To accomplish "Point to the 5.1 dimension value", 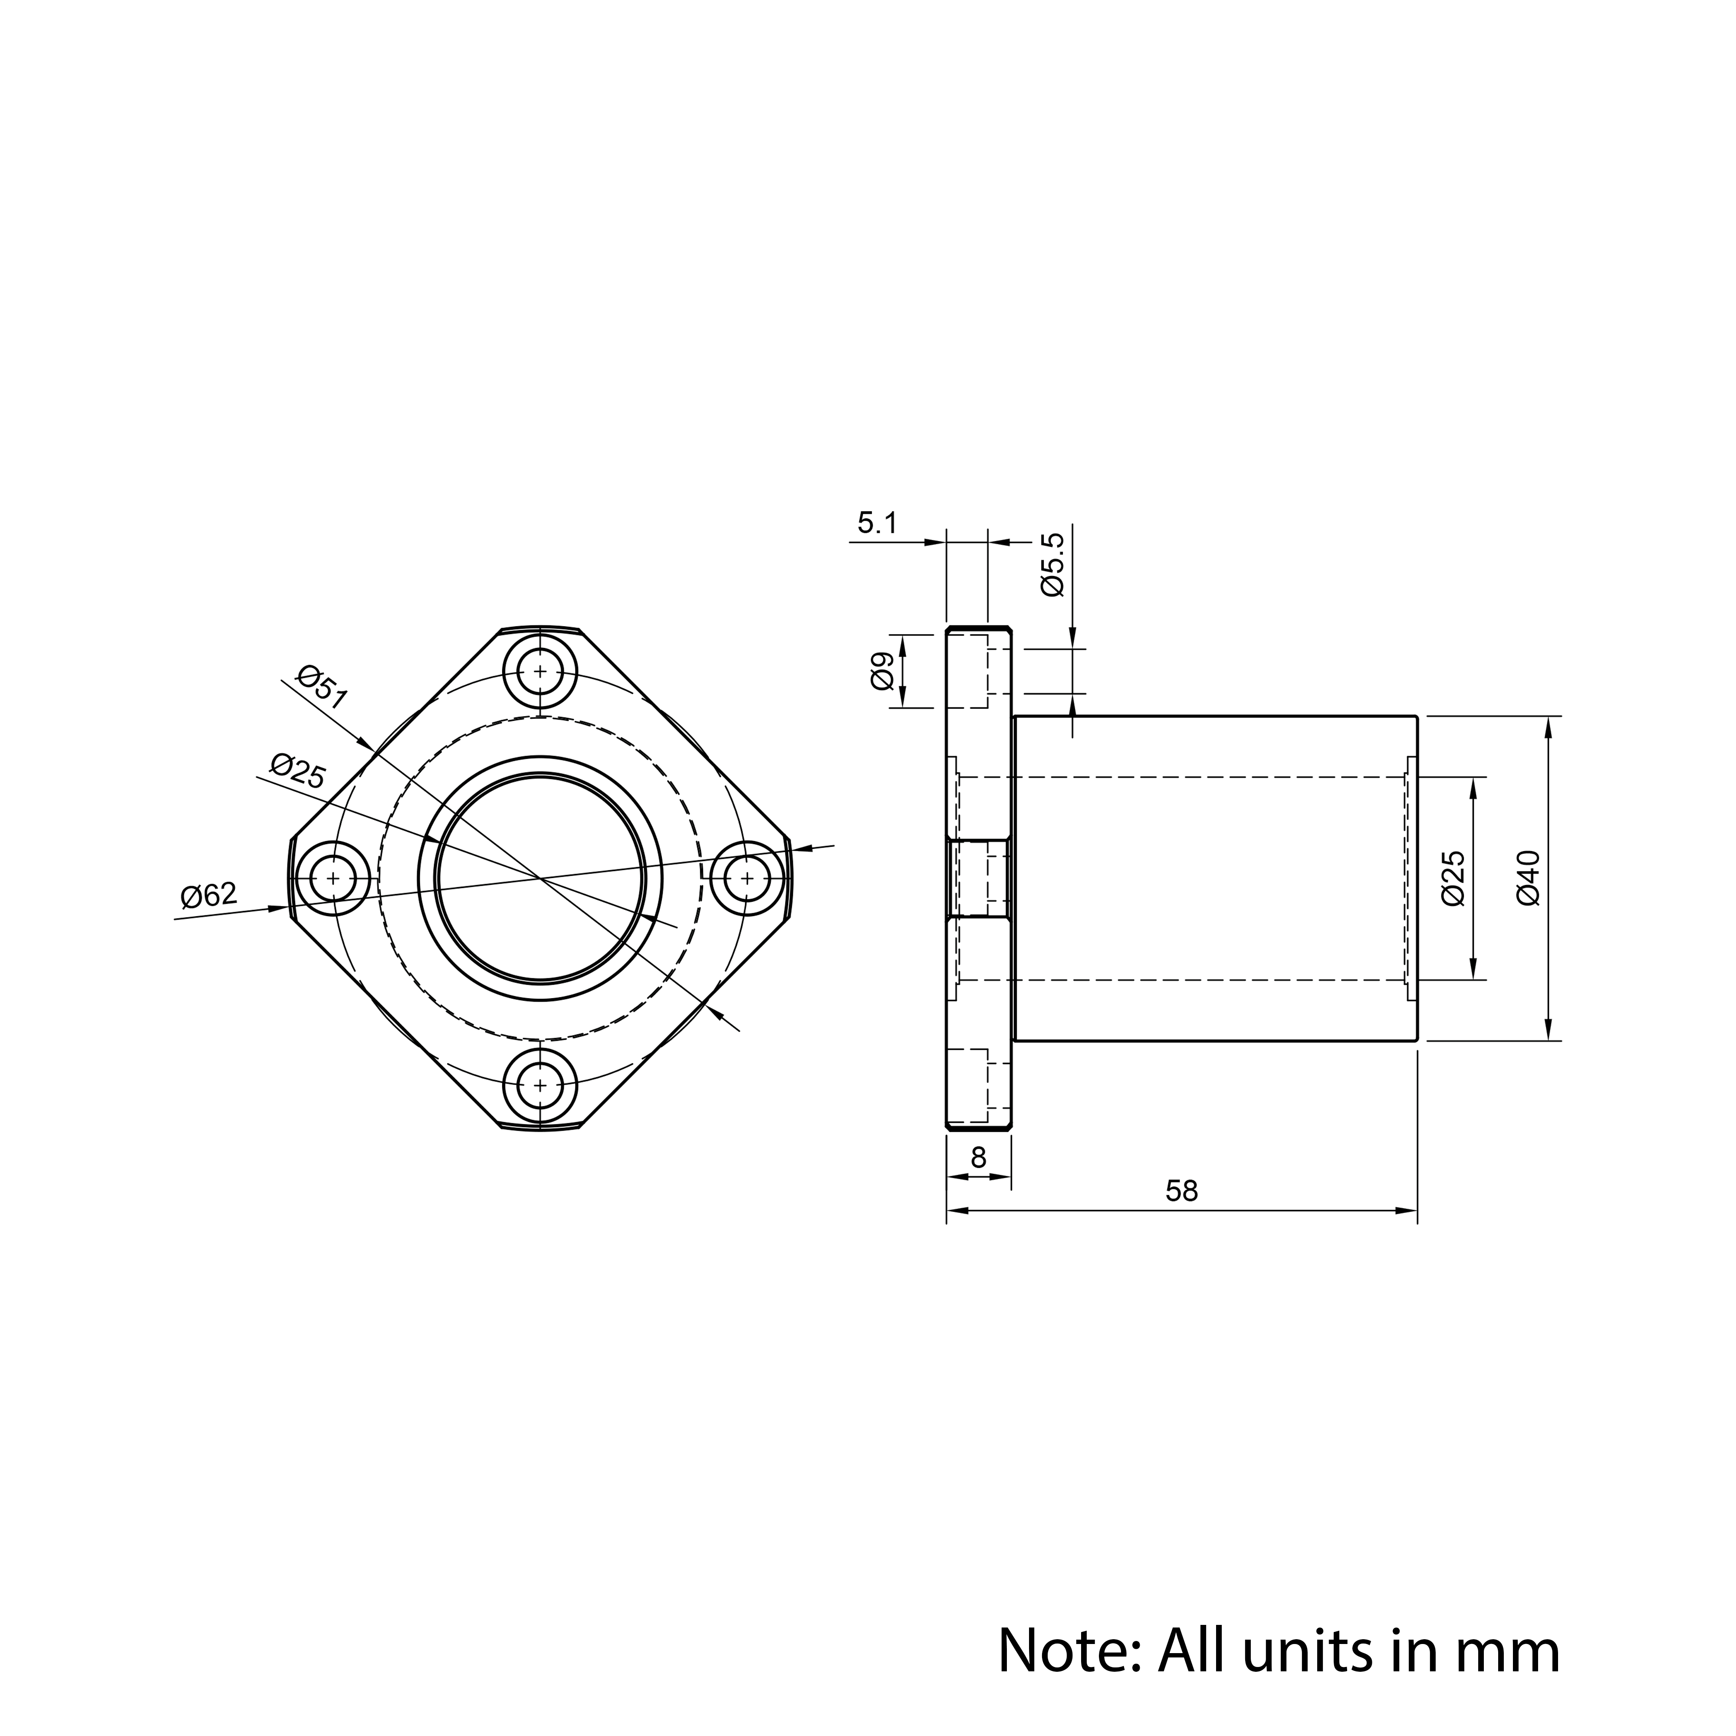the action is pos(877,523).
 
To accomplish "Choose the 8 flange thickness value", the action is pos(979,1158).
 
